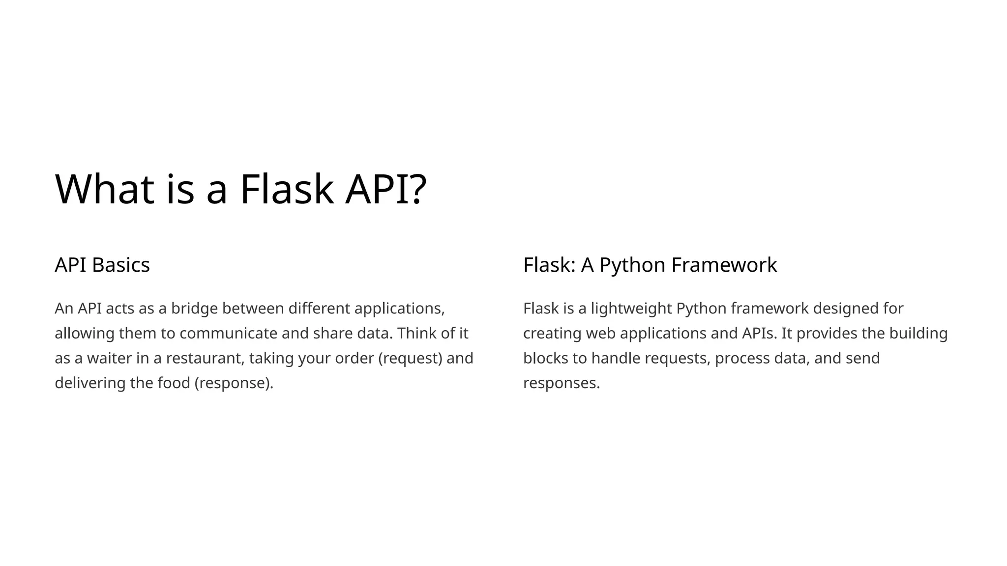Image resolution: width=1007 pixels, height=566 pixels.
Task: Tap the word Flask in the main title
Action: (x=287, y=189)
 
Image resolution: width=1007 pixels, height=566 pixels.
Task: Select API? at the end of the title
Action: (x=385, y=189)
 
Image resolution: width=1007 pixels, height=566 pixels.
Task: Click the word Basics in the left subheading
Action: (x=120, y=265)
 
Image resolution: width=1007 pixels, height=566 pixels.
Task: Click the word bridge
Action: (x=194, y=309)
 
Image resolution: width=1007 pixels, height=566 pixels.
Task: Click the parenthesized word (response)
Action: (x=234, y=383)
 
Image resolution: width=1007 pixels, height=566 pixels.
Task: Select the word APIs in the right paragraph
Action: (x=759, y=333)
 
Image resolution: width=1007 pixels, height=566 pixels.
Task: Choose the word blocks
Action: (x=545, y=358)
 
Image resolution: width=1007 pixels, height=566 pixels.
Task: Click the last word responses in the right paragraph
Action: (x=561, y=383)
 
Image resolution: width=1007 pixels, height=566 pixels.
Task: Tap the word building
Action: (x=918, y=333)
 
